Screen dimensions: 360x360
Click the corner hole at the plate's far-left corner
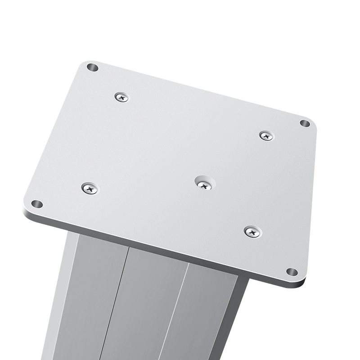click(92, 67)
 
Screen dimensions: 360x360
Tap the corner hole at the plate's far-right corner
click(305, 123)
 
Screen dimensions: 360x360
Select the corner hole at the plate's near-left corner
click(37, 204)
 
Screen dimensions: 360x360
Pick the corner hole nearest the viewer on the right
click(292, 272)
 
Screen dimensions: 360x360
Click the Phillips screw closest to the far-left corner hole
click(121, 96)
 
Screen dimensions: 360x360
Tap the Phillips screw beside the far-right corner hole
click(266, 135)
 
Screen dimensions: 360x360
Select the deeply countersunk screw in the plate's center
click(205, 183)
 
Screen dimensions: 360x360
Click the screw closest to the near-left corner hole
click(90, 188)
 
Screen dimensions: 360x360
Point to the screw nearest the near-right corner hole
click(252, 232)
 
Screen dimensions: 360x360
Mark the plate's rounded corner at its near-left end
click(27, 211)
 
